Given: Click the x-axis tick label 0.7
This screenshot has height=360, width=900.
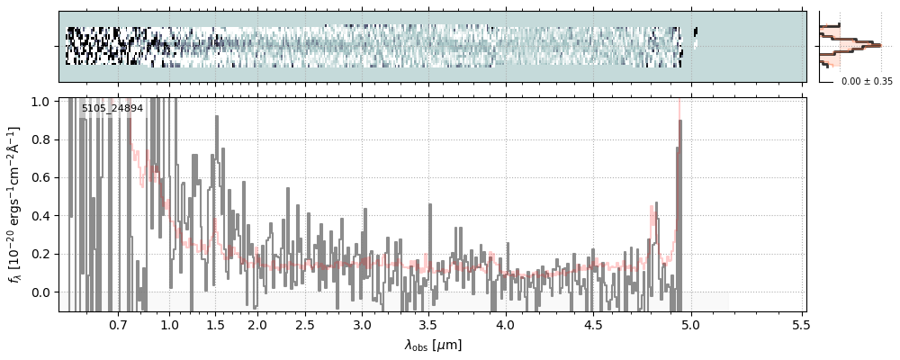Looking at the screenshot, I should (x=118, y=324).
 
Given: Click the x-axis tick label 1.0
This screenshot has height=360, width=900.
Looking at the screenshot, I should (x=169, y=324).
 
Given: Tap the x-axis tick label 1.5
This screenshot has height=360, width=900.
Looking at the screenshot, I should (x=215, y=324).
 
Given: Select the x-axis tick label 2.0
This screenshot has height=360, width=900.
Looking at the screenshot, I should (x=257, y=324).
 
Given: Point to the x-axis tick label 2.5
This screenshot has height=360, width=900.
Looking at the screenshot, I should (x=305, y=324).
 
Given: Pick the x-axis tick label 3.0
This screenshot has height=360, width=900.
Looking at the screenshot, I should (x=362, y=324).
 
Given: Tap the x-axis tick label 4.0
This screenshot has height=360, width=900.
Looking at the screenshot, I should (x=505, y=324).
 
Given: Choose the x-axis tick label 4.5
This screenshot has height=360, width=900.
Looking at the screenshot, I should (x=598, y=324).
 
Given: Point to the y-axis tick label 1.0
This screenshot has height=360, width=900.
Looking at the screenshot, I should (x=41, y=102).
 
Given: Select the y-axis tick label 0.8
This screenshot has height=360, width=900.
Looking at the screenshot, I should (x=41, y=139).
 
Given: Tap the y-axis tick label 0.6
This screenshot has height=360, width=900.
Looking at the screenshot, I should (x=41, y=178).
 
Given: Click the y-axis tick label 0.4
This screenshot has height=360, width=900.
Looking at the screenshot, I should (x=41, y=216).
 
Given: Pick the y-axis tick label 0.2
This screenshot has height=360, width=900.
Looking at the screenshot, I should (x=41, y=255).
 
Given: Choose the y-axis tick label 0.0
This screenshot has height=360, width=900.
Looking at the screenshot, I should (x=41, y=292).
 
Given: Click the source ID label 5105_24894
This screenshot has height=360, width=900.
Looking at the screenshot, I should (x=112, y=108).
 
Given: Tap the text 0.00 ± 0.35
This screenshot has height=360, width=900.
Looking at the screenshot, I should (x=867, y=81).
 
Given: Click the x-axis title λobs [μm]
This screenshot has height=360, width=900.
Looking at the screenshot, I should (x=433, y=344).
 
